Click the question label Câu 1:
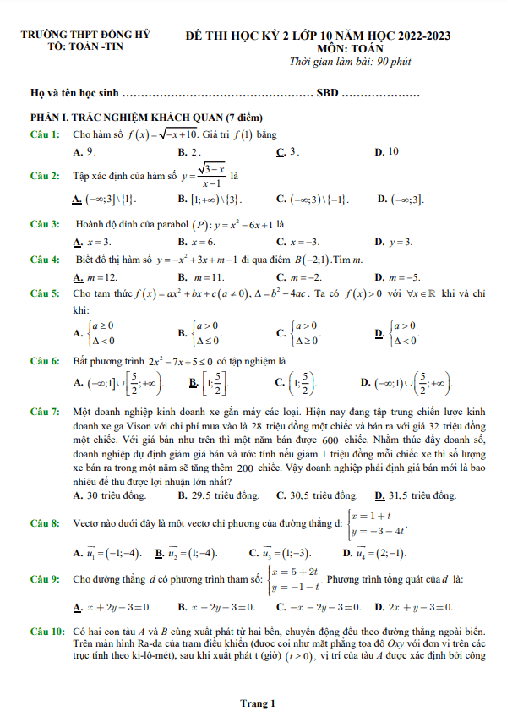pyautogui.click(x=45, y=134)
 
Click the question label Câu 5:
pyautogui.click(x=45, y=293)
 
